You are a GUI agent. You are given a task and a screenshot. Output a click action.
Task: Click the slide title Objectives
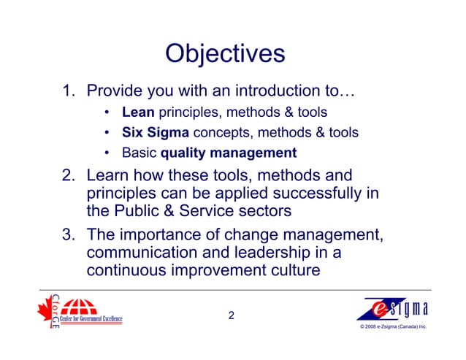[x=224, y=53]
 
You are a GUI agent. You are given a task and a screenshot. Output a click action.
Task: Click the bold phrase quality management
[x=229, y=153]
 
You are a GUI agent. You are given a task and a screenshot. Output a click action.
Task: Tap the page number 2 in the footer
[x=232, y=316]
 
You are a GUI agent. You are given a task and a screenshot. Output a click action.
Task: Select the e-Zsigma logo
[x=393, y=309]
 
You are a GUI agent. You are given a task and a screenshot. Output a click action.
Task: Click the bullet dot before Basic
[x=107, y=153]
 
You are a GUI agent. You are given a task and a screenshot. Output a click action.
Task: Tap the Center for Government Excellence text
[x=91, y=319]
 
